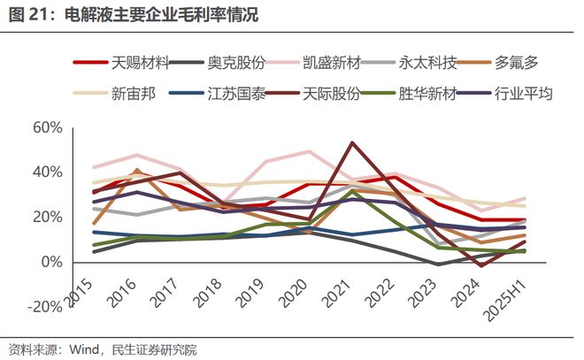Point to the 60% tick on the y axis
point(47,127)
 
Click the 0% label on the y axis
point(51,263)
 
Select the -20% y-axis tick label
point(44,307)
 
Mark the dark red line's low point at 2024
point(480,265)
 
